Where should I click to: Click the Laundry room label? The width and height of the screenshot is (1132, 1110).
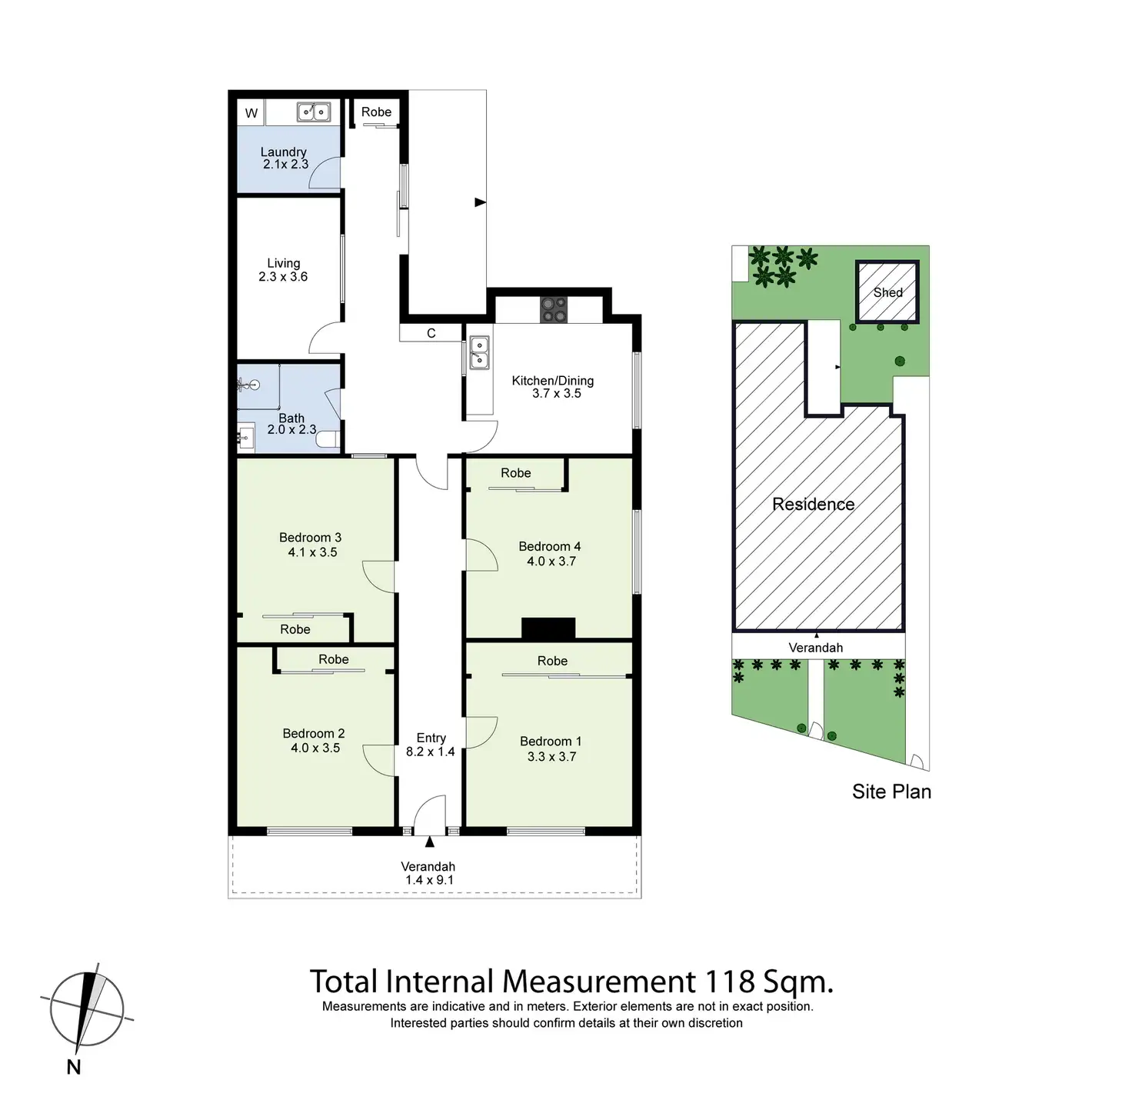tap(283, 152)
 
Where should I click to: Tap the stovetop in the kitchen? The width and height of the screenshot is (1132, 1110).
tap(552, 309)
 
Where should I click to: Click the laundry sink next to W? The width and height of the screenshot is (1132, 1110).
tap(314, 112)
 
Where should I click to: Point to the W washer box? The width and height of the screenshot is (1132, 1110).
tap(251, 113)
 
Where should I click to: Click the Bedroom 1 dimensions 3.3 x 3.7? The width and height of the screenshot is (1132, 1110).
tap(551, 757)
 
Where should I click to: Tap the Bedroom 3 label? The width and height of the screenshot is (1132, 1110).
tap(310, 538)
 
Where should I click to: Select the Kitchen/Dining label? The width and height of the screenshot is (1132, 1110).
tap(553, 381)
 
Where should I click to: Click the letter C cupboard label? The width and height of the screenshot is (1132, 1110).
tap(431, 333)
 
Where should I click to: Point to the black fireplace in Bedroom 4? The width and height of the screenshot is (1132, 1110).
tap(548, 628)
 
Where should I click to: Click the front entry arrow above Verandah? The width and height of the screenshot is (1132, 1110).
tap(429, 843)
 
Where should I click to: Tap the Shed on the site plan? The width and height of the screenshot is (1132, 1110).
tap(887, 292)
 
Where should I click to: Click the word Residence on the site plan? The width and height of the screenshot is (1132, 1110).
tap(814, 505)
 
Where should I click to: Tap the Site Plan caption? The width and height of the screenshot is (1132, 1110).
tap(891, 792)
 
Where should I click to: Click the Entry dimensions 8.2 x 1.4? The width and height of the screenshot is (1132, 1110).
tap(431, 752)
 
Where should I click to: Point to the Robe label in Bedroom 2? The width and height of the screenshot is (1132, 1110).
tap(334, 659)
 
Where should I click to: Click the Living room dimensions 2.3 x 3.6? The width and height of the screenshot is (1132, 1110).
tap(283, 277)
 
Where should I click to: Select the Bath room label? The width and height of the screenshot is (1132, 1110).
tap(291, 418)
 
